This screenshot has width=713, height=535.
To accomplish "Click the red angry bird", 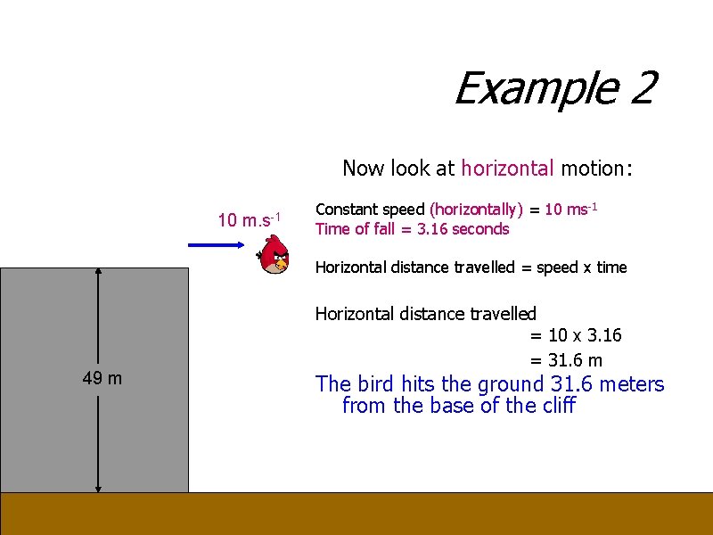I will click(x=275, y=254).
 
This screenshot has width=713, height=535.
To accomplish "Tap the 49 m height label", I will click(x=102, y=378).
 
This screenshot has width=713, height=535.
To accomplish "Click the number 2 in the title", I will click(x=640, y=88).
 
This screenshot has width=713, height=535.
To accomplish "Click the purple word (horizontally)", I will click(x=476, y=210).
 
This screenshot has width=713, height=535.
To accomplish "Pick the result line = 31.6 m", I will click(x=566, y=360).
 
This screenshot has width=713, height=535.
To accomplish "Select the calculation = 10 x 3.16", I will click(x=576, y=335).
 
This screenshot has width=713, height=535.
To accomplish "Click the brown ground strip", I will click(x=356, y=514).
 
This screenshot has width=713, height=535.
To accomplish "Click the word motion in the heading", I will click(x=593, y=168).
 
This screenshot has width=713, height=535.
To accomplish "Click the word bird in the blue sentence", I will click(x=376, y=384).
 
